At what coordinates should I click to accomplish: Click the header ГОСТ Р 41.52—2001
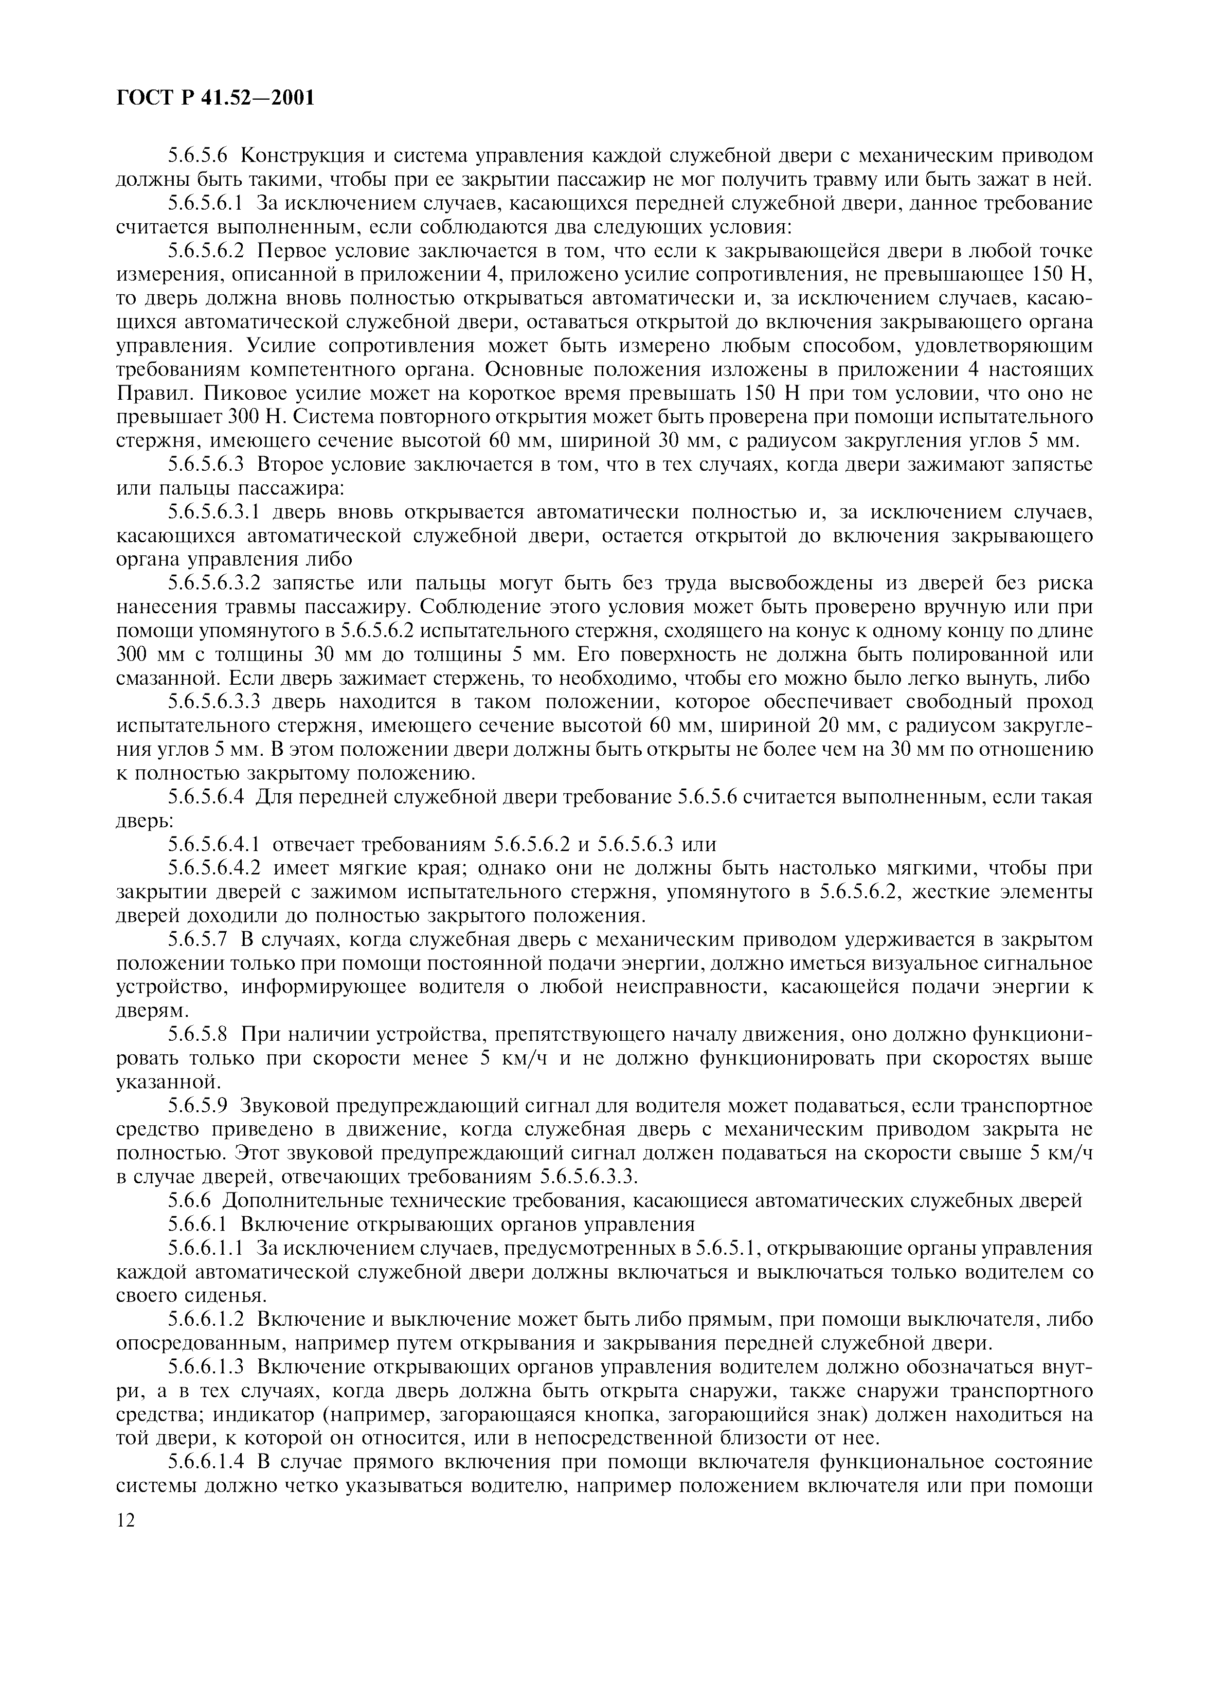(216, 97)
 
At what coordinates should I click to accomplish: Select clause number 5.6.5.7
(198, 940)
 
